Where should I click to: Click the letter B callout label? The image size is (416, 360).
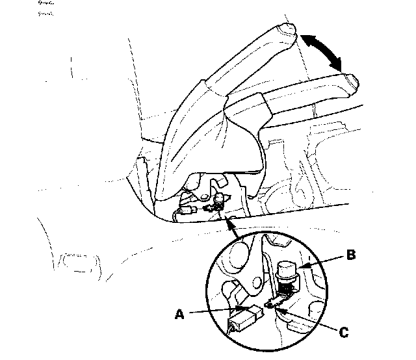pyautogui.click(x=352, y=255)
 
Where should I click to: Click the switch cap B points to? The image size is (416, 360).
pyautogui.click(x=286, y=268)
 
